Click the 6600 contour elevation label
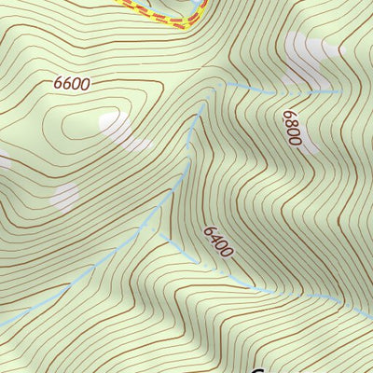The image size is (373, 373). coord(72,84)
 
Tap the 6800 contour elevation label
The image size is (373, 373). coord(292,128)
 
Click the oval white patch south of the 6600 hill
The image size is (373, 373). coord(63,196)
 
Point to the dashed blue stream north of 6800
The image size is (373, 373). coord(280,92)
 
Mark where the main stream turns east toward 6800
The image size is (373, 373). coord(224,85)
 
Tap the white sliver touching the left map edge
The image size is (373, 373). coord(3,160)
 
